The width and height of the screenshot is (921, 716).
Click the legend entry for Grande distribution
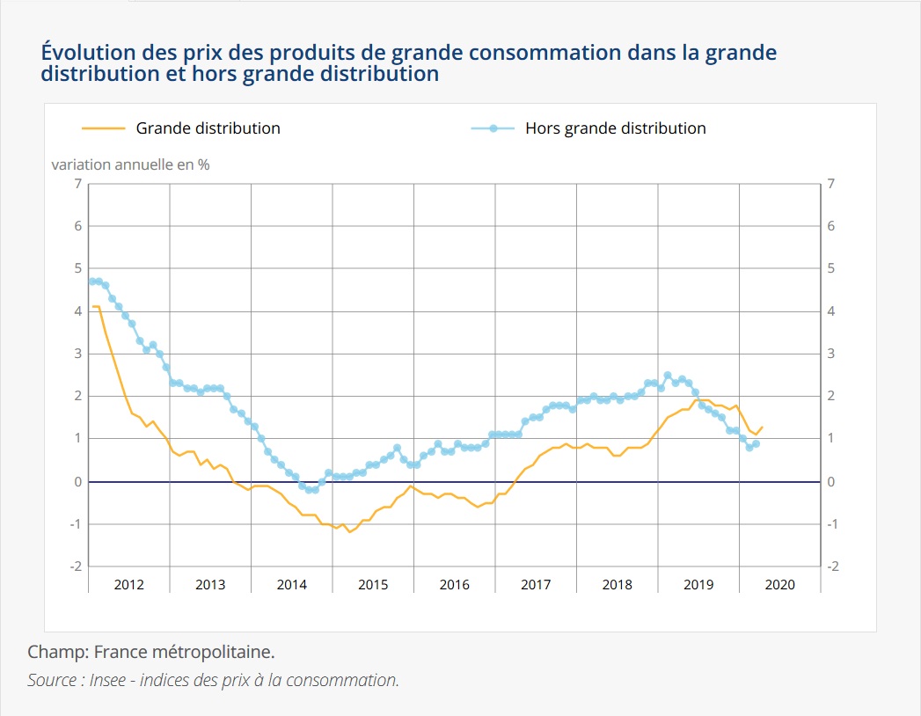[208, 128]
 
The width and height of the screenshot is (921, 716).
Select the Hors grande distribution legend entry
[615, 128]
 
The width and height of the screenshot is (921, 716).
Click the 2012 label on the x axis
[128, 584]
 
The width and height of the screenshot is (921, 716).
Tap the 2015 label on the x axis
[373, 584]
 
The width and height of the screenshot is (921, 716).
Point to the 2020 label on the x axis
[779, 584]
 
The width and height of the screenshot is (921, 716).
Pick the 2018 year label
[617, 584]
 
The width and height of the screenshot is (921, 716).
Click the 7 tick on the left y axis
[77, 184]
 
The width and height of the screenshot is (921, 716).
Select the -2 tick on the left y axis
[76, 566]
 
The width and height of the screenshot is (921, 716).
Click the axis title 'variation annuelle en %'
[130, 164]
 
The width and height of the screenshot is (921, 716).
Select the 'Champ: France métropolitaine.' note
[151, 653]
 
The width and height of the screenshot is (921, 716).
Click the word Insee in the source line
[107, 680]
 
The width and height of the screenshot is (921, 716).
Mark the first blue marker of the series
[91, 281]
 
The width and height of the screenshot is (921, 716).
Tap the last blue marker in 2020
[756, 443]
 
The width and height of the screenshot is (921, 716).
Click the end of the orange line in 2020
[762, 427]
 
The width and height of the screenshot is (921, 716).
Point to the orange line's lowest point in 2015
[349, 532]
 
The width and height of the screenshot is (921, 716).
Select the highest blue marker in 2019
[668, 375]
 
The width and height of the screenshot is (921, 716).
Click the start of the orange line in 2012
[92, 306]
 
